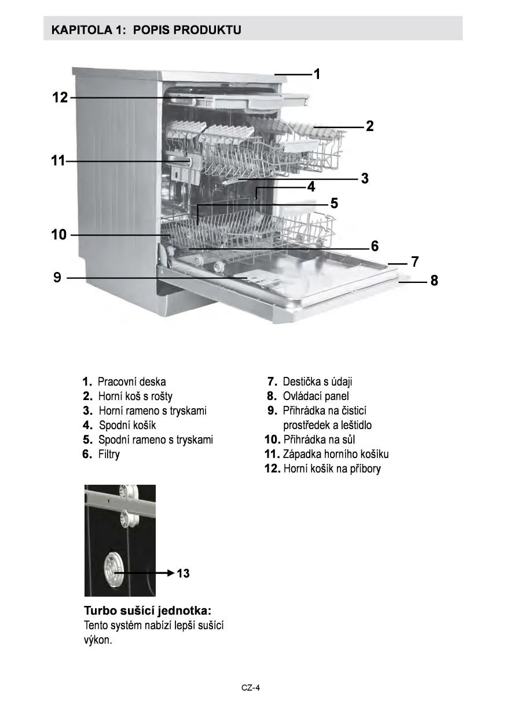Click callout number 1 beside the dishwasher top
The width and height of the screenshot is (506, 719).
coord(317,74)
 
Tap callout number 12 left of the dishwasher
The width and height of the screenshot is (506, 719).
coord(60,97)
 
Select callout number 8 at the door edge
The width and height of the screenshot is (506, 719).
coord(434,281)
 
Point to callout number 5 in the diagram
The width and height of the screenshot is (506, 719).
coord(334,203)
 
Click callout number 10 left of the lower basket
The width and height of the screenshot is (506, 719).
coord(59,235)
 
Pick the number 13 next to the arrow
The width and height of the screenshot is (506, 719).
coord(183,573)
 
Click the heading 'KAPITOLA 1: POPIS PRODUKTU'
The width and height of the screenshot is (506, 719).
coord(146,30)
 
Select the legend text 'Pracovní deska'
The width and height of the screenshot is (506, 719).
coord(131,382)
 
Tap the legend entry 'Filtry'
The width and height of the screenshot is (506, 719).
coord(109,454)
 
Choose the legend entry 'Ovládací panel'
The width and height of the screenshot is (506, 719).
coord(316,396)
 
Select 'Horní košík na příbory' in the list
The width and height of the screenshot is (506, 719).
coord(332,469)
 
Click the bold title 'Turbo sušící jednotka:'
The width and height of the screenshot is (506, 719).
coord(148,611)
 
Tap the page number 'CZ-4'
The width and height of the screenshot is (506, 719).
coord(251,688)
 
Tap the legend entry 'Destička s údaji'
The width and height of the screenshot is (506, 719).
coord(317,382)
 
